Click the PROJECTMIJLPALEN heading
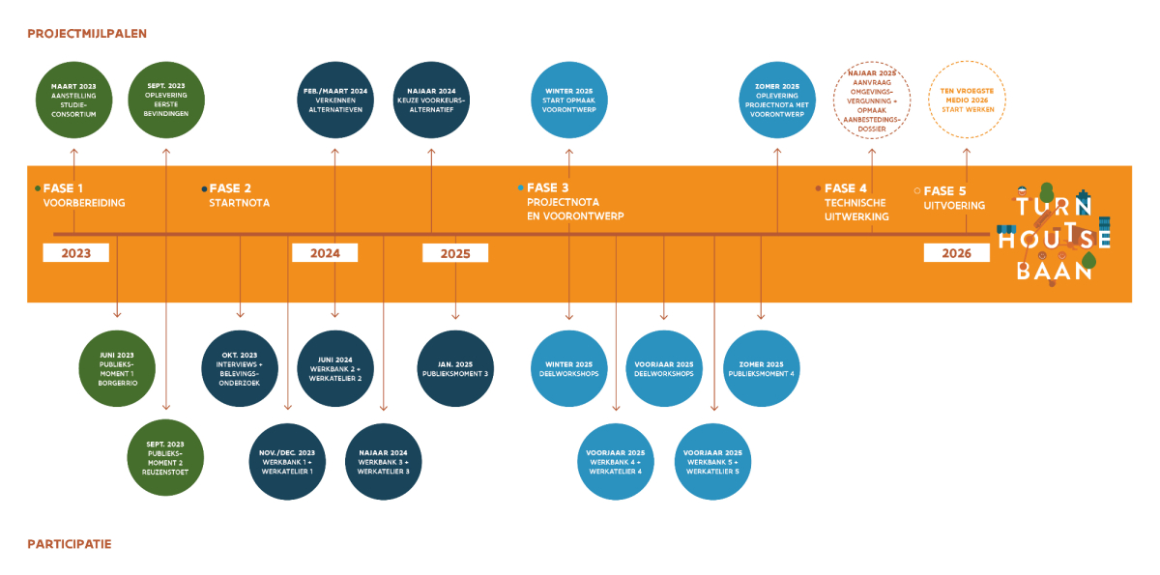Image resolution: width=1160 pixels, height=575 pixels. point(87,33)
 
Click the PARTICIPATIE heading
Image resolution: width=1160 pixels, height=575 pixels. point(70,544)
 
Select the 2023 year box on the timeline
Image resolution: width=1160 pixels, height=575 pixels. point(75,253)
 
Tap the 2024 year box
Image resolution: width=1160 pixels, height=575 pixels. point(325,253)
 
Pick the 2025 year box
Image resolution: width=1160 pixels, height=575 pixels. point(455,253)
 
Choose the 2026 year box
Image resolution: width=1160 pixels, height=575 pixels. point(957,253)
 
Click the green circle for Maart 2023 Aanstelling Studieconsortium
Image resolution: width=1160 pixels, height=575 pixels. point(73,100)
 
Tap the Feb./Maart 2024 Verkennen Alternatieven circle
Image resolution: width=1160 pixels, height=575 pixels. point(334,100)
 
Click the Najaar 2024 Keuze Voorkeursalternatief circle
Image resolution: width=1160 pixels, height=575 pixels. point(431,100)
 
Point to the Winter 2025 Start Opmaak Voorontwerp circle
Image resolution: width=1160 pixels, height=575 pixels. point(569,100)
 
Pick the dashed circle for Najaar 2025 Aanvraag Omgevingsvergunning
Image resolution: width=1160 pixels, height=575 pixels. point(872,100)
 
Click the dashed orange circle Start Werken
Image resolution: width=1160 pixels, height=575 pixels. point(967,100)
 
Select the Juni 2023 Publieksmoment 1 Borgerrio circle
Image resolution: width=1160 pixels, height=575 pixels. point(117,368)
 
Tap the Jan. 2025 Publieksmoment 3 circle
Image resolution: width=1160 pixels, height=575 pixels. point(455,368)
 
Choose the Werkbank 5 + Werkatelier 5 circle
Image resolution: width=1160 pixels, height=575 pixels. point(712,462)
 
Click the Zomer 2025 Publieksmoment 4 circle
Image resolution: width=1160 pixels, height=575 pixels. point(761,368)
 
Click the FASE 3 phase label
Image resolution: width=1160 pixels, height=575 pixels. point(547,188)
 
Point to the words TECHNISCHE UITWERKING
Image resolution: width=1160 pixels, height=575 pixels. point(856,210)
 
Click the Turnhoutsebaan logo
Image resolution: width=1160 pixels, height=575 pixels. point(1055,233)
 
